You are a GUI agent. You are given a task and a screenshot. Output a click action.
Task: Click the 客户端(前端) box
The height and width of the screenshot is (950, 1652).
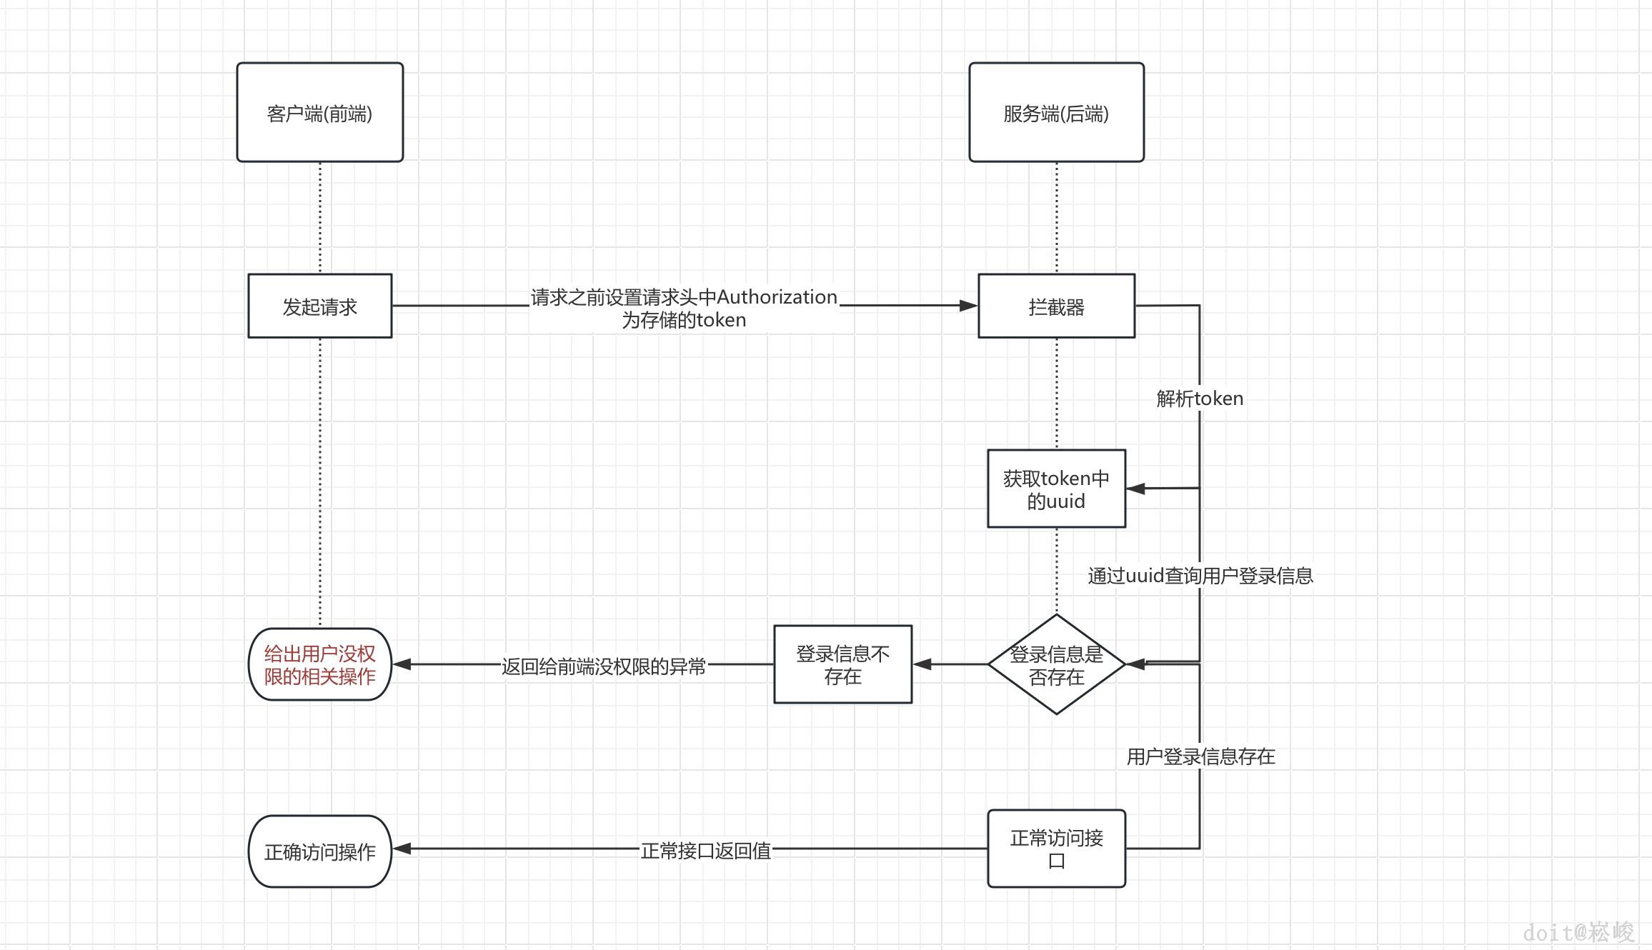[319, 112]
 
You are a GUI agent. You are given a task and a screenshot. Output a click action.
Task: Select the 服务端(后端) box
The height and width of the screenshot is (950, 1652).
[1056, 112]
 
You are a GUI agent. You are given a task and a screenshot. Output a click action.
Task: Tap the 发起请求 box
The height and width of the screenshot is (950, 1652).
[319, 306]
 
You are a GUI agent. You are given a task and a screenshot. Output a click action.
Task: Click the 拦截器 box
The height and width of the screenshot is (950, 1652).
[1056, 306]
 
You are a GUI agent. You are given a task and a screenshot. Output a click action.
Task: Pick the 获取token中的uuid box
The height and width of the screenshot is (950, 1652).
[1056, 489]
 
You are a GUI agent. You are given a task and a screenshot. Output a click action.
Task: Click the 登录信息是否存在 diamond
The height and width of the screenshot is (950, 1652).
[1056, 664]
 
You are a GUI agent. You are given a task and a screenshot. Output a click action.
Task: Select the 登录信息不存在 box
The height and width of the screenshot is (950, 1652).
[842, 664]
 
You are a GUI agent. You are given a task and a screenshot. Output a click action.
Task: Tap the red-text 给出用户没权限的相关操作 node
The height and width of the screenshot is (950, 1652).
[319, 664]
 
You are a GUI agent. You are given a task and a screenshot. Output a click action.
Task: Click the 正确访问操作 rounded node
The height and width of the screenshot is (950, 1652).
[319, 851]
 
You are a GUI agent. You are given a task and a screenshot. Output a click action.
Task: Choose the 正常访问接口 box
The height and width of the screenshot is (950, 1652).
[1056, 849]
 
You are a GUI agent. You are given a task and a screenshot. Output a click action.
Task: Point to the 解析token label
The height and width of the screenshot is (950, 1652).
[1200, 399]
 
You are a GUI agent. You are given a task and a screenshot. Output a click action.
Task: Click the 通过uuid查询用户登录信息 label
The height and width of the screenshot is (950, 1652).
[1200, 576]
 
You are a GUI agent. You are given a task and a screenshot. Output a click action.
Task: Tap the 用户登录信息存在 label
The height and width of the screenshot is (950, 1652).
[1200, 756]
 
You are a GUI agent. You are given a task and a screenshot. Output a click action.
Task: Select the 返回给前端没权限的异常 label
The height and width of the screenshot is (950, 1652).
[603, 666]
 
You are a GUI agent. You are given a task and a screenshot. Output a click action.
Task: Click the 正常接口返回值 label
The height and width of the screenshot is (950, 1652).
[705, 850]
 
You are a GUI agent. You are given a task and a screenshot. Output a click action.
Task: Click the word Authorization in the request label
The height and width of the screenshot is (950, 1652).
[777, 296]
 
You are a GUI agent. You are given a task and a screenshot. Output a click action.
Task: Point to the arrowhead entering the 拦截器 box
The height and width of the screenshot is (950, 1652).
[969, 306]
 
